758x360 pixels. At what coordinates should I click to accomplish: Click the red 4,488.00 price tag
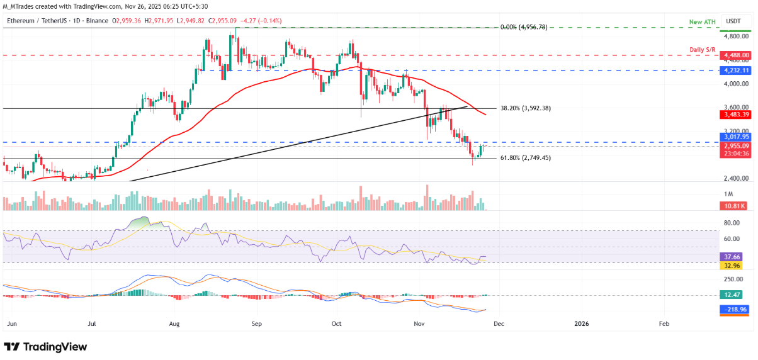click(737, 55)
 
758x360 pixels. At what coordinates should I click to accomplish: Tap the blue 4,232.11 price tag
click(737, 70)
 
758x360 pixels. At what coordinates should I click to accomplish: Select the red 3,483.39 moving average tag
click(737, 115)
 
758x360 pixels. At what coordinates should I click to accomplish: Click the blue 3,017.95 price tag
click(737, 137)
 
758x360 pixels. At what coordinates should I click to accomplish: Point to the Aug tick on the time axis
click(175, 323)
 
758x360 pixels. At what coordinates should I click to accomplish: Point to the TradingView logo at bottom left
click(45, 347)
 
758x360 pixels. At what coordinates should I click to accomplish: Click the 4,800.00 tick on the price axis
click(737, 37)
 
